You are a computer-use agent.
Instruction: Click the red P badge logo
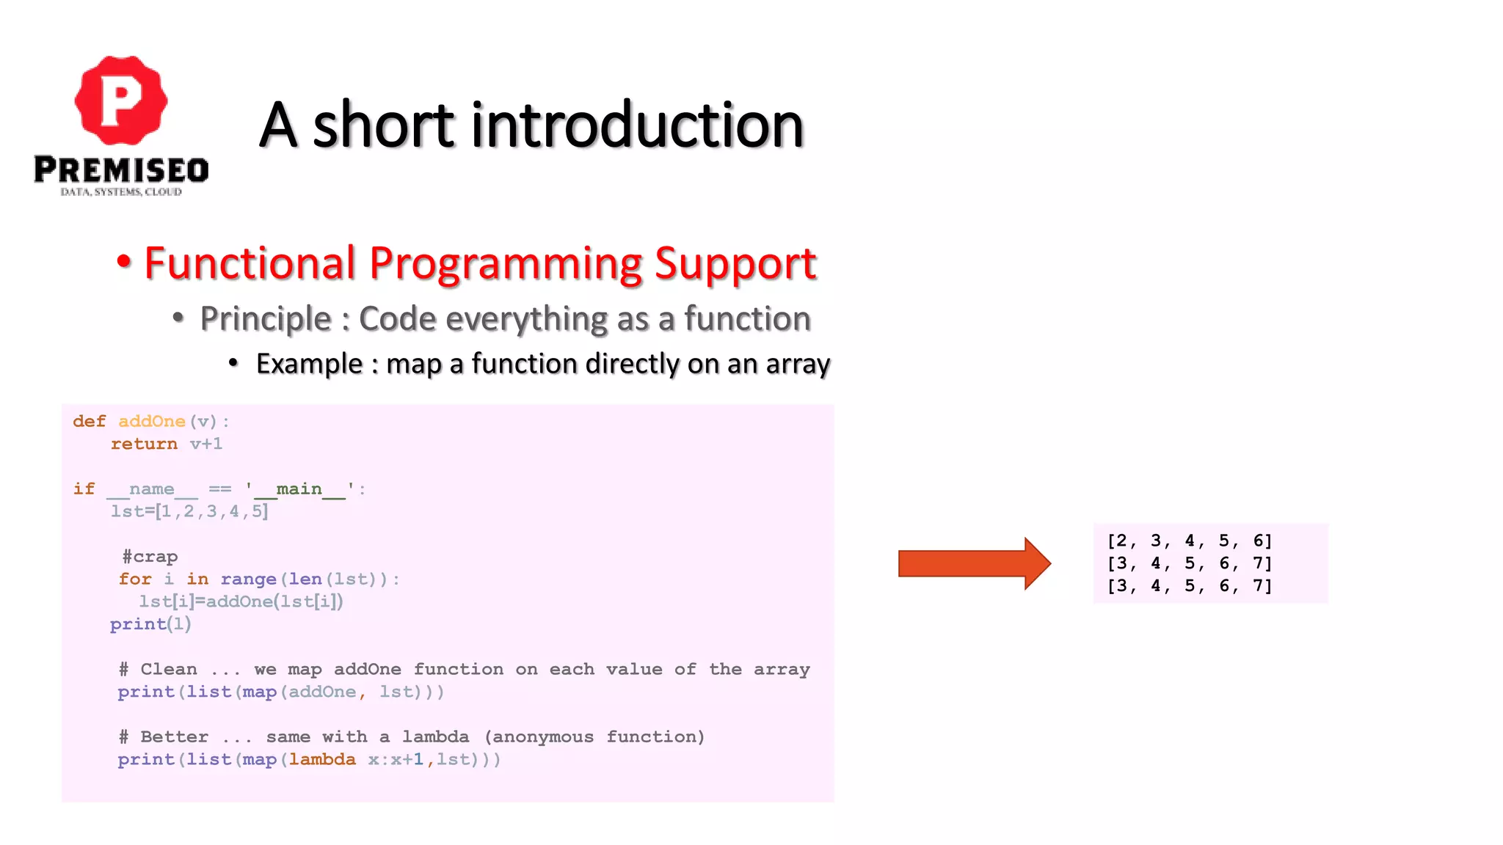(x=121, y=100)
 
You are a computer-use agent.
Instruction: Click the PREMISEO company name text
(x=121, y=170)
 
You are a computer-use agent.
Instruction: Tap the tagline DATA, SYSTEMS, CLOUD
(x=121, y=192)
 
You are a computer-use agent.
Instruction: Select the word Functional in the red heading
(x=250, y=263)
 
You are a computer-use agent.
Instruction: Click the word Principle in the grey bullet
(x=266, y=319)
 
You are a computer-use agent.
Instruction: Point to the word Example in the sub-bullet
(x=309, y=364)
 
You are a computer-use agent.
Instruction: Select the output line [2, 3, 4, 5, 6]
(x=1189, y=541)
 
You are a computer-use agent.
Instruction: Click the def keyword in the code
(x=90, y=421)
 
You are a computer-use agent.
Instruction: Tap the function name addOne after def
(x=152, y=421)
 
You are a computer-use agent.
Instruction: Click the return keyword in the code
(x=144, y=444)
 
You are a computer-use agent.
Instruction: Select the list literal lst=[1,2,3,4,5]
(x=189, y=511)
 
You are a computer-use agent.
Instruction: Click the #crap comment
(x=150, y=557)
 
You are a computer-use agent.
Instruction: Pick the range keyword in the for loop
(x=248, y=579)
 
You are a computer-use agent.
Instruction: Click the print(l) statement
(x=150, y=624)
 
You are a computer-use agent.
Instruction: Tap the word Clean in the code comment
(x=169, y=669)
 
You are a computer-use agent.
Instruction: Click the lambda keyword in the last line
(x=322, y=759)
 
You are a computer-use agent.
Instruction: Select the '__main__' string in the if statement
(x=299, y=489)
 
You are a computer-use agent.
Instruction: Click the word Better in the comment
(x=174, y=736)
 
